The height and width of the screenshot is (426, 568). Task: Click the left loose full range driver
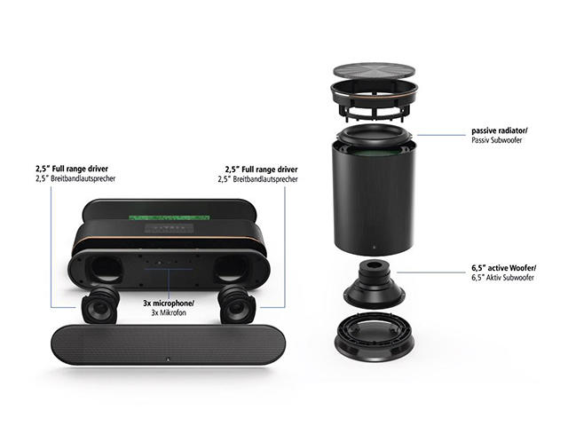click(x=100, y=304)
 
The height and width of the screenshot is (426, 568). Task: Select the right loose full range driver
click(x=237, y=304)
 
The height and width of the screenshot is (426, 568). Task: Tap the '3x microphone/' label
click(x=169, y=304)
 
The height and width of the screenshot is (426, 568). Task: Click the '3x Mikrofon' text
click(x=169, y=312)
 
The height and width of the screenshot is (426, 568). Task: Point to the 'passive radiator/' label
click(x=500, y=130)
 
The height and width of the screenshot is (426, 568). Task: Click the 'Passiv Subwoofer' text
click(x=497, y=140)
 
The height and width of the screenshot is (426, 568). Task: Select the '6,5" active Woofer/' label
click(x=504, y=268)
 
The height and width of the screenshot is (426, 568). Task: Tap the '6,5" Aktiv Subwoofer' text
click(x=502, y=278)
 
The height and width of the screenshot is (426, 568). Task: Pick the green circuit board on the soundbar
click(x=170, y=218)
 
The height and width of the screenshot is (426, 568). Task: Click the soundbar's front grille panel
click(x=168, y=344)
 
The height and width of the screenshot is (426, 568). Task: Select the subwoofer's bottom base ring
click(x=375, y=337)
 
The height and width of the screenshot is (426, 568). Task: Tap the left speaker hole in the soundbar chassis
click(x=104, y=269)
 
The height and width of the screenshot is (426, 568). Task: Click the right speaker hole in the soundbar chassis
click(x=232, y=269)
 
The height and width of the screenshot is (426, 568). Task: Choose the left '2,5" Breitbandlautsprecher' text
click(x=75, y=178)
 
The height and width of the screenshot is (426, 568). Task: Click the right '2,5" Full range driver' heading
click(x=261, y=170)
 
